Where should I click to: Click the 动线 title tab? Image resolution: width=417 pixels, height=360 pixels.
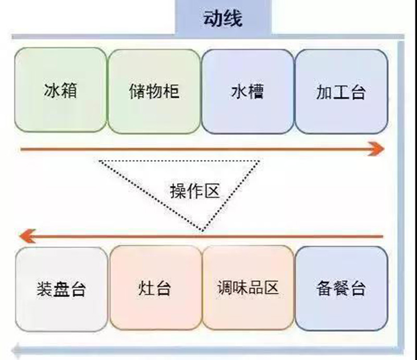click(223, 20)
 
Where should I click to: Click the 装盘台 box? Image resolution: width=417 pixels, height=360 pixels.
click(62, 288)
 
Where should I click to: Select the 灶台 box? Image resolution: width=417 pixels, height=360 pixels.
click(155, 288)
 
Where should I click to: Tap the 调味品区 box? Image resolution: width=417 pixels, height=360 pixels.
click(248, 288)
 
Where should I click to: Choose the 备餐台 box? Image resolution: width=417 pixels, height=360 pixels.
click(341, 288)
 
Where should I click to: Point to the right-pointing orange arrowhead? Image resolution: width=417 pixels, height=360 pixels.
click(377, 150)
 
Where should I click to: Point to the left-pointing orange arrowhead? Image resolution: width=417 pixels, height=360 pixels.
click(25, 238)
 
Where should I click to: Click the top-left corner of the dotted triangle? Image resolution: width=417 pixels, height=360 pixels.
click(100, 161)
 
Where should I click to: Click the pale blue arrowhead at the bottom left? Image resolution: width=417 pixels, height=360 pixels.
click(19, 348)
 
